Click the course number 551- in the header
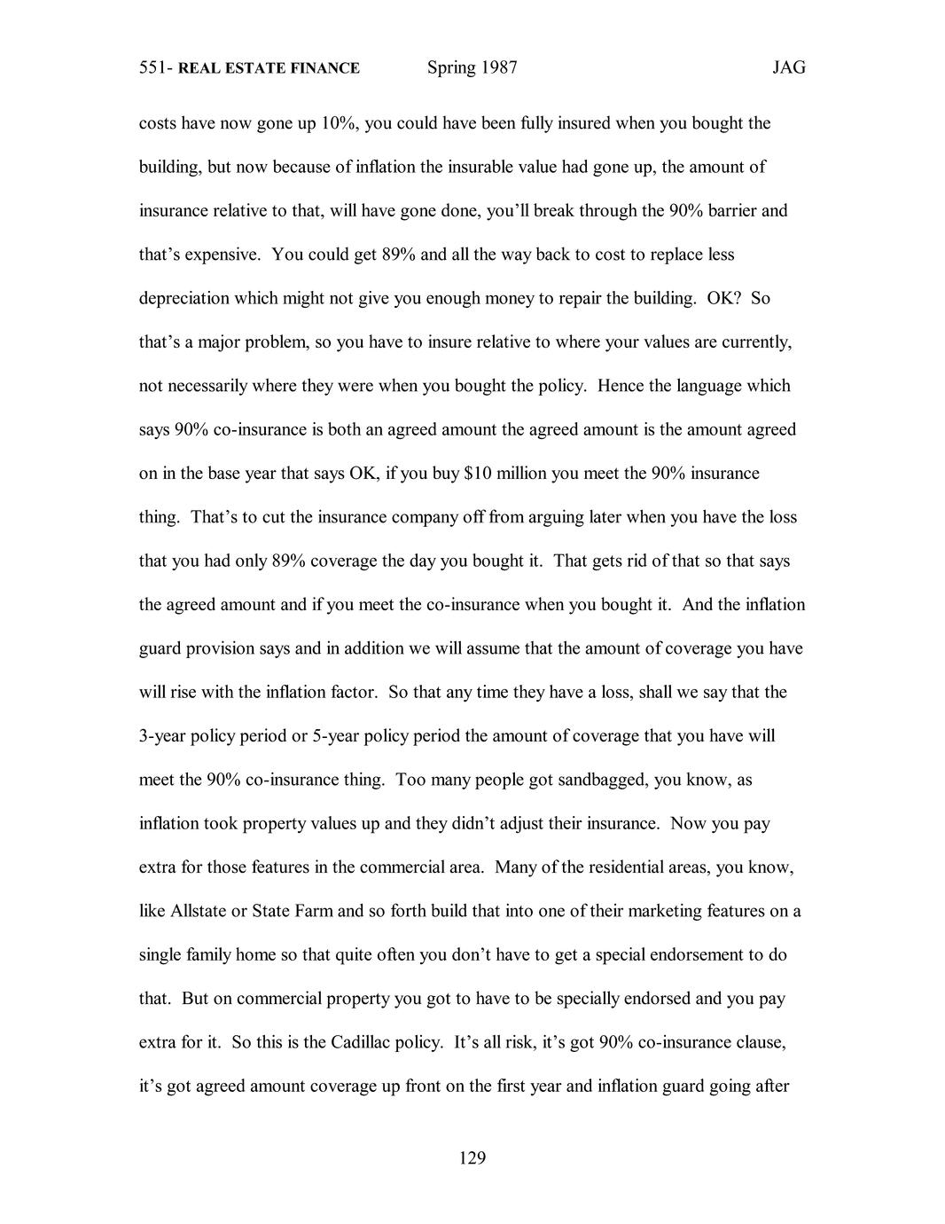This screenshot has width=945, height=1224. pos(156,68)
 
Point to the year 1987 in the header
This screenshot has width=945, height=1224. pos(499,68)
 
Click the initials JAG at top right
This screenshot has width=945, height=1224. pos(788,68)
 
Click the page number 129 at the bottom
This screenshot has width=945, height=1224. pos(472,1157)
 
